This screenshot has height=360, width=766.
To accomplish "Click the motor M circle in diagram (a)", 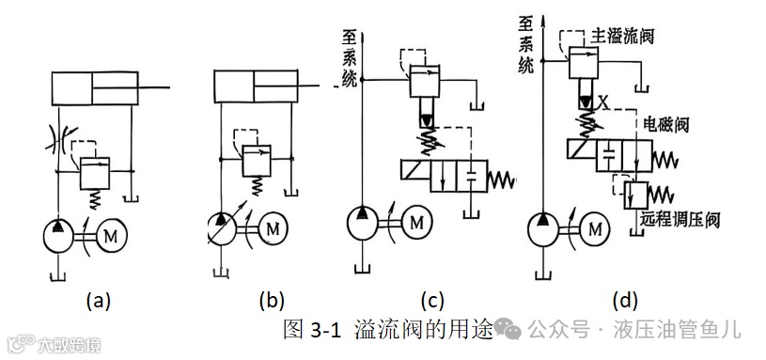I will [108, 234].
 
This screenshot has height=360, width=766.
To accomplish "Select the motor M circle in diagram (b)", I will [274, 227].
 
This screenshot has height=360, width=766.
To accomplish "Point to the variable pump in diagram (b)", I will [224, 227].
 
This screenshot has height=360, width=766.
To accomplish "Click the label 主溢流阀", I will [619, 34].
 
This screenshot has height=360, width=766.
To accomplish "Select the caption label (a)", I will [100, 301].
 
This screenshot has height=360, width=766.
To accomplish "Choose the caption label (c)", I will [430, 301].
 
